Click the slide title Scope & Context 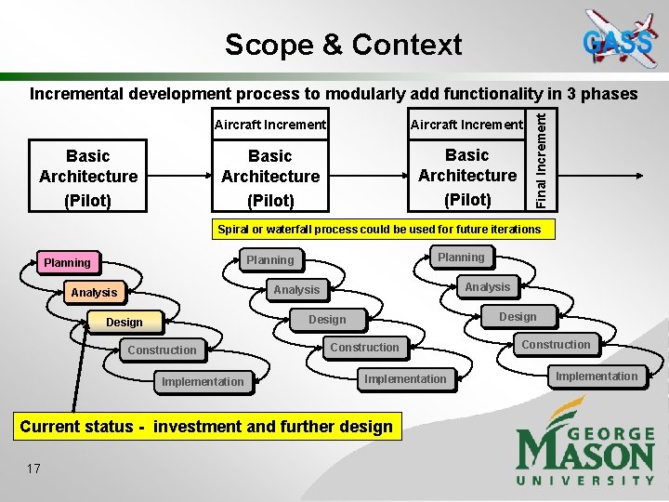click(x=343, y=44)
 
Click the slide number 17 click(x=33, y=469)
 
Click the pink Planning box click(x=67, y=263)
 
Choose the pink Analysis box click(x=94, y=293)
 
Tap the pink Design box click(x=124, y=323)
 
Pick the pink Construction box click(x=162, y=350)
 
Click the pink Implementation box click(x=203, y=381)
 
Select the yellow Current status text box click(x=206, y=427)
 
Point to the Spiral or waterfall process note click(x=379, y=229)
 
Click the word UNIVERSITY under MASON click(x=585, y=480)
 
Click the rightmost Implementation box click(x=597, y=376)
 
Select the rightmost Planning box click(x=461, y=258)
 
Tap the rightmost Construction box click(x=556, y=345)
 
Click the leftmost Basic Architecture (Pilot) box click(x=88, y=177)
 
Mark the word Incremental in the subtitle click(x=77, y=94)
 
